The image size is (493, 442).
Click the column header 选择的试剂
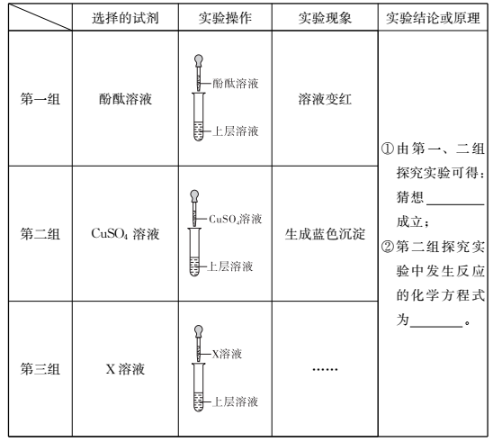pos(125,18)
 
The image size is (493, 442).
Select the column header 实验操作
pos(225,18)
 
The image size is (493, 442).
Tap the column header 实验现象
pos(325,18)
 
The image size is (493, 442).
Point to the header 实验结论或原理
pos(433,18)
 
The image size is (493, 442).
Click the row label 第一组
pos(40,99)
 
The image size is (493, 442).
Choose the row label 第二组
pos(40,234)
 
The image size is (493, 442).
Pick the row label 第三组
pos(40,369)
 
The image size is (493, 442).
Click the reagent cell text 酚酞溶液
pos(125,99)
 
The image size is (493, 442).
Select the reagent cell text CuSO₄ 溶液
pos(125,234)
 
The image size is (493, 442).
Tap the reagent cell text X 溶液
pos(125,369)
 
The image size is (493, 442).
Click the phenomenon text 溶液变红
pos(325,99)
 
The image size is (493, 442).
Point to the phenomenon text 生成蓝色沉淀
pos(325,234)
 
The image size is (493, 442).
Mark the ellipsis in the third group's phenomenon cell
pos(325,369)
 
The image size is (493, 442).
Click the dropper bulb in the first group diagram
pos(199,59)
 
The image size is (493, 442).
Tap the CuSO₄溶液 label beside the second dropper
pos(235,219)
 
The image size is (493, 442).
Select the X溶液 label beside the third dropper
pos(227,354)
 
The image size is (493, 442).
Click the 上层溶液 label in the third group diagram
pos(235,401)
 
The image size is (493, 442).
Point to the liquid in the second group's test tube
pos(194,266)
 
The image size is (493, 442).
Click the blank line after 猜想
pos(455,204)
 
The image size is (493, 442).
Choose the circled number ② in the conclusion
pos(387,247)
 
